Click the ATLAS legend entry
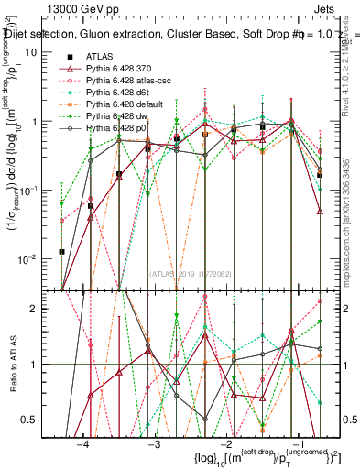coord(101,57)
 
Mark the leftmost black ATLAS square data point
coord(61,251)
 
